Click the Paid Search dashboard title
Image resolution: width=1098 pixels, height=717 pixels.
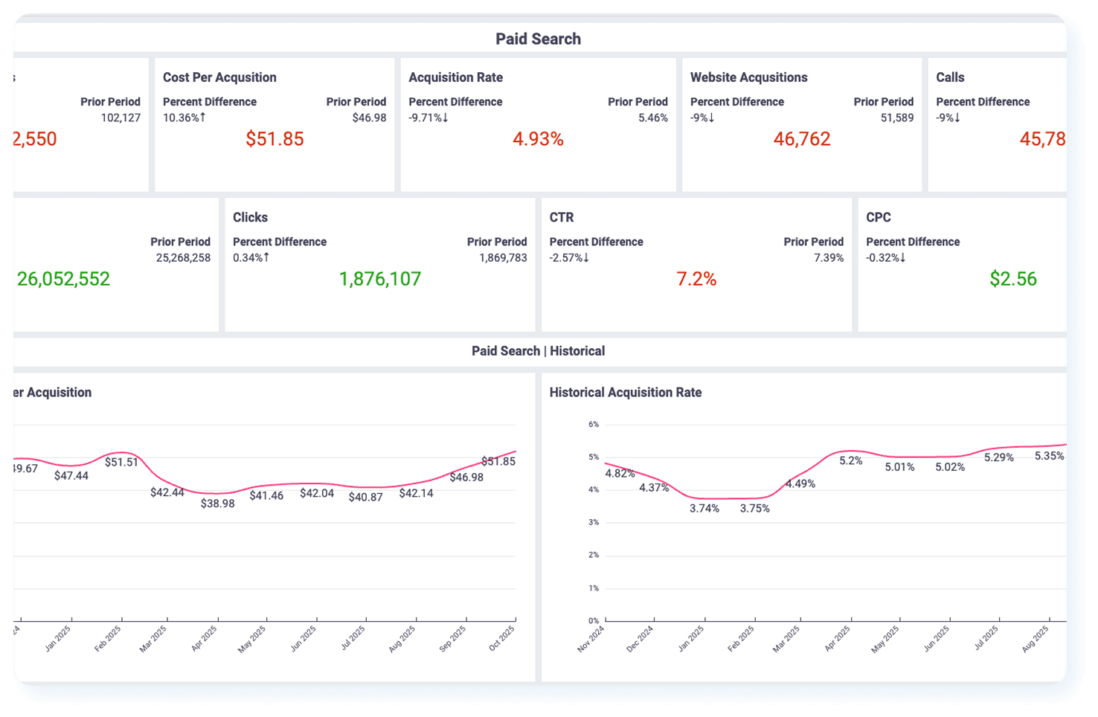538,39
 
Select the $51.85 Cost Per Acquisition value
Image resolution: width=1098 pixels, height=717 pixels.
274,139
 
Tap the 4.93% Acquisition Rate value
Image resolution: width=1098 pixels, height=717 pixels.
538,139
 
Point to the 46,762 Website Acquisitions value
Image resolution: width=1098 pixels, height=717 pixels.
801,139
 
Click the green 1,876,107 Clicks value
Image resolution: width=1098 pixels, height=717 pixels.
379,279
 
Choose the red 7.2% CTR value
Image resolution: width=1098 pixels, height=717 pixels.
696,279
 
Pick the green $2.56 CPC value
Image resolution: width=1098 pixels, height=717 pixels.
1012,279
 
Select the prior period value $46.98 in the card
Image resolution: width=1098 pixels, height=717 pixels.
369,118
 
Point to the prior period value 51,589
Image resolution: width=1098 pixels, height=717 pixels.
896,118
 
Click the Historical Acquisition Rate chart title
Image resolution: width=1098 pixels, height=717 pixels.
625,392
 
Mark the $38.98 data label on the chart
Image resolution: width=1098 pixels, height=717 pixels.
217,504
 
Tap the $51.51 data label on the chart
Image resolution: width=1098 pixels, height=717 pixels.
121,462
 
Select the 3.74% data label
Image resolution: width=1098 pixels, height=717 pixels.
704,509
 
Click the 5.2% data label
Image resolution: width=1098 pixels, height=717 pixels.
850,460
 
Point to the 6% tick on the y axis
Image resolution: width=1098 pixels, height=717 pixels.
594,425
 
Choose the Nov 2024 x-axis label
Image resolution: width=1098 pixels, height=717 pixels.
591,638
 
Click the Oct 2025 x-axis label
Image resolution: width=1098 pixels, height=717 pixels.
501,638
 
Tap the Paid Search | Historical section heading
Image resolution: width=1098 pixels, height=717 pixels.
538,351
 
